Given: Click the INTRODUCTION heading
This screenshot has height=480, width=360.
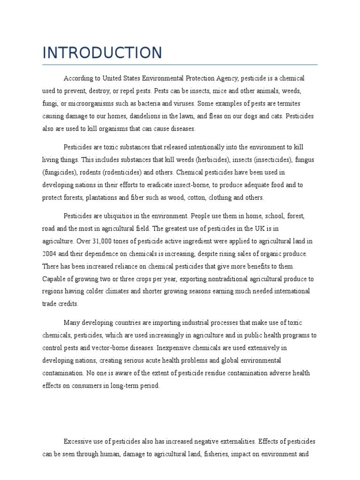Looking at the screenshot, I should click(102, 52).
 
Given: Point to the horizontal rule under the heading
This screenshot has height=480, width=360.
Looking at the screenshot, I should click(180, 64).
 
